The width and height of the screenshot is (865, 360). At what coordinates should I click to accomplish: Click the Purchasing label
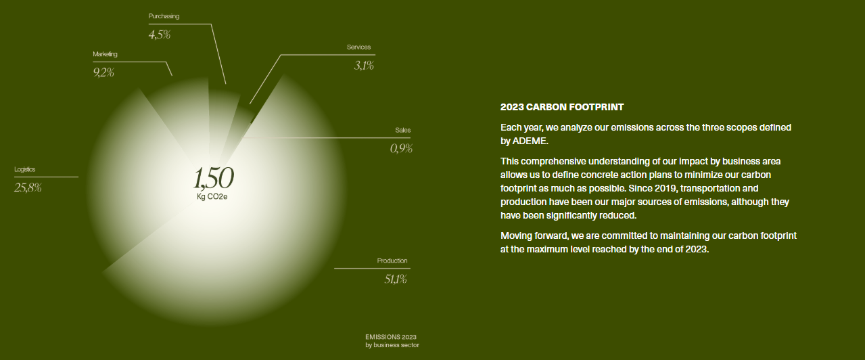click(164, 16)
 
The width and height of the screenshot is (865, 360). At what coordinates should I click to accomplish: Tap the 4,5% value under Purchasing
click(160, 35)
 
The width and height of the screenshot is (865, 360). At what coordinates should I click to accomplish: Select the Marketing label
click(105, 54)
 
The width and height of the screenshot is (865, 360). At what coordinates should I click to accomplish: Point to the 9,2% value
click(103, 72)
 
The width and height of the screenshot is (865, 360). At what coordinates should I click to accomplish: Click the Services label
click(358, 47)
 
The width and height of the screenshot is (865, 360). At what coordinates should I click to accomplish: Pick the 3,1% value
click(364, 66)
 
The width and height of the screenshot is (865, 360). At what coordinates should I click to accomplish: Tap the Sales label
click(403, 130)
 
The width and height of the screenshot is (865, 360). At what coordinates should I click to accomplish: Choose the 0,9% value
click(401, 148)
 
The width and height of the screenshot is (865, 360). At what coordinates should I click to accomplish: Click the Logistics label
click(25, 170)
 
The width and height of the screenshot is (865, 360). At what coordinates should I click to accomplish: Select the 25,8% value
click(28, 187)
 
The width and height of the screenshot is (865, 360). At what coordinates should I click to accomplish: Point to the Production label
click(392, 261)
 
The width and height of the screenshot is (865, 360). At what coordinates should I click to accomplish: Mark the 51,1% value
click(396, 279)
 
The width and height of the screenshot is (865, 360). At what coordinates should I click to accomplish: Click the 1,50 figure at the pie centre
click(214, 178)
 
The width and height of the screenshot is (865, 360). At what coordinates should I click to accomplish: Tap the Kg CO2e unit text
click(212, 197)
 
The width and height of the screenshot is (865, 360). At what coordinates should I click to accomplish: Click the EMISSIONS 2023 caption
click(391, 337)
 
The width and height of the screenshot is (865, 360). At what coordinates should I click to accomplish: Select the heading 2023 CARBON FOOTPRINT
click(562, 107)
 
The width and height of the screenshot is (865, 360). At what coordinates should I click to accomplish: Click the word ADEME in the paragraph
click(530, 141)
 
